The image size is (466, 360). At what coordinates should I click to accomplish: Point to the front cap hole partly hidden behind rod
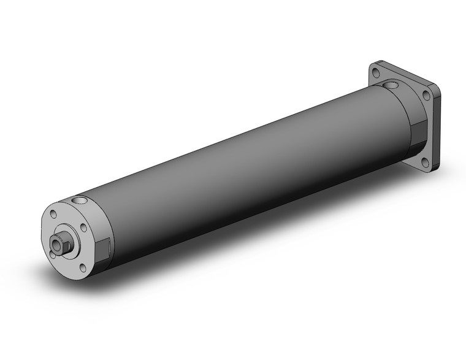pos(51,251)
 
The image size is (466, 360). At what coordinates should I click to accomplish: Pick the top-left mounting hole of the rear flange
pos(375,74)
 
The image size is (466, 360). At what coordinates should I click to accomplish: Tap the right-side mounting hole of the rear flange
pos(426,95)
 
